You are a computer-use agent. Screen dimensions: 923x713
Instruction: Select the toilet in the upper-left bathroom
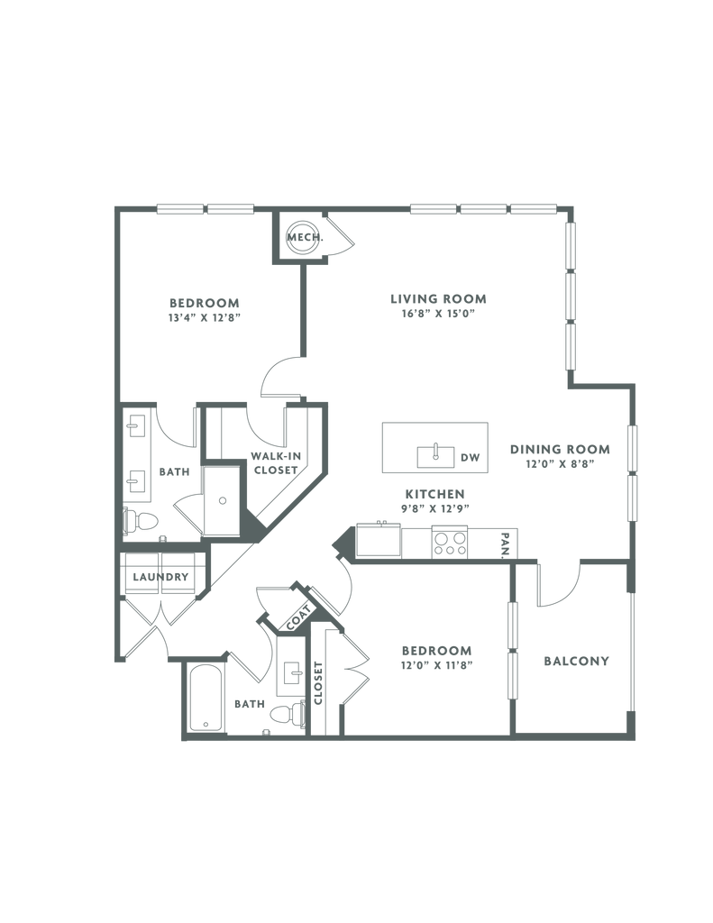click(143, 522)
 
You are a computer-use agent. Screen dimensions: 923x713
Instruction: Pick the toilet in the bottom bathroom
click(284, 714)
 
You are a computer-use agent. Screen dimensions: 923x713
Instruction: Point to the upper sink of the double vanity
click(136, 425)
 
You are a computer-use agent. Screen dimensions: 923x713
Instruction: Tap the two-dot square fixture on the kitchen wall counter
click(447, 542)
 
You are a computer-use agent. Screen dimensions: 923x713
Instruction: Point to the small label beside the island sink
click(471, 457)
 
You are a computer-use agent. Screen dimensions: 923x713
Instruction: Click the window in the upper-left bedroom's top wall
click(205, 209)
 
